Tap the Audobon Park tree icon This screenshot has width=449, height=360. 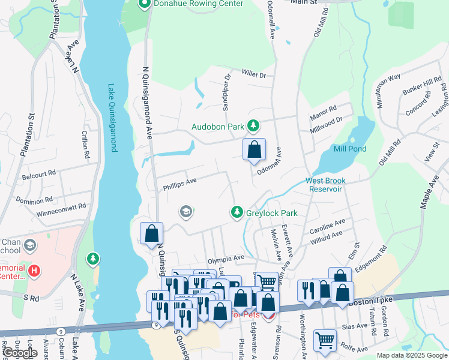[x=254, y=125]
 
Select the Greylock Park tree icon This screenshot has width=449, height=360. [x=238, y=212]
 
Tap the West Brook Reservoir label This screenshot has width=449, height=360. [x=325, y=185]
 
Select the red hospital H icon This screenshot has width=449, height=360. [x=34, y=271]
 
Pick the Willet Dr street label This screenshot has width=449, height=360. [x=253, y=74]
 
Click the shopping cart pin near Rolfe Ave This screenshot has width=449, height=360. [x=325, y=340]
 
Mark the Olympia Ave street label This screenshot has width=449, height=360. [x=226, y=259]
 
